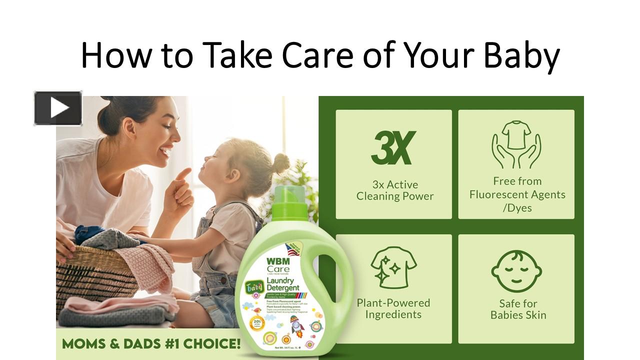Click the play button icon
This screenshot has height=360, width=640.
[x=58, y=108]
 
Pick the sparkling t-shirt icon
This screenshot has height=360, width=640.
[x=393, y=267]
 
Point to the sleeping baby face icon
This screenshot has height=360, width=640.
[x=516, y=271]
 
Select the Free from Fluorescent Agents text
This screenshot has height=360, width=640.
[x=517, y=194]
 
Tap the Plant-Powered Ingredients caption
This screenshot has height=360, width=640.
[x=393, y=308]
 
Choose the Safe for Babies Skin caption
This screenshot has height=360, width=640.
[x=518, y=309]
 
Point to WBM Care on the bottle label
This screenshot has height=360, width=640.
[x=278, y=265]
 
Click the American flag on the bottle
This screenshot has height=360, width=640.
[x=293, y=249]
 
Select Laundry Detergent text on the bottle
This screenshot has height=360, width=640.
[x=283, y=284]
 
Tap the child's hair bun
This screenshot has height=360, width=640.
[x=280, y=163]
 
